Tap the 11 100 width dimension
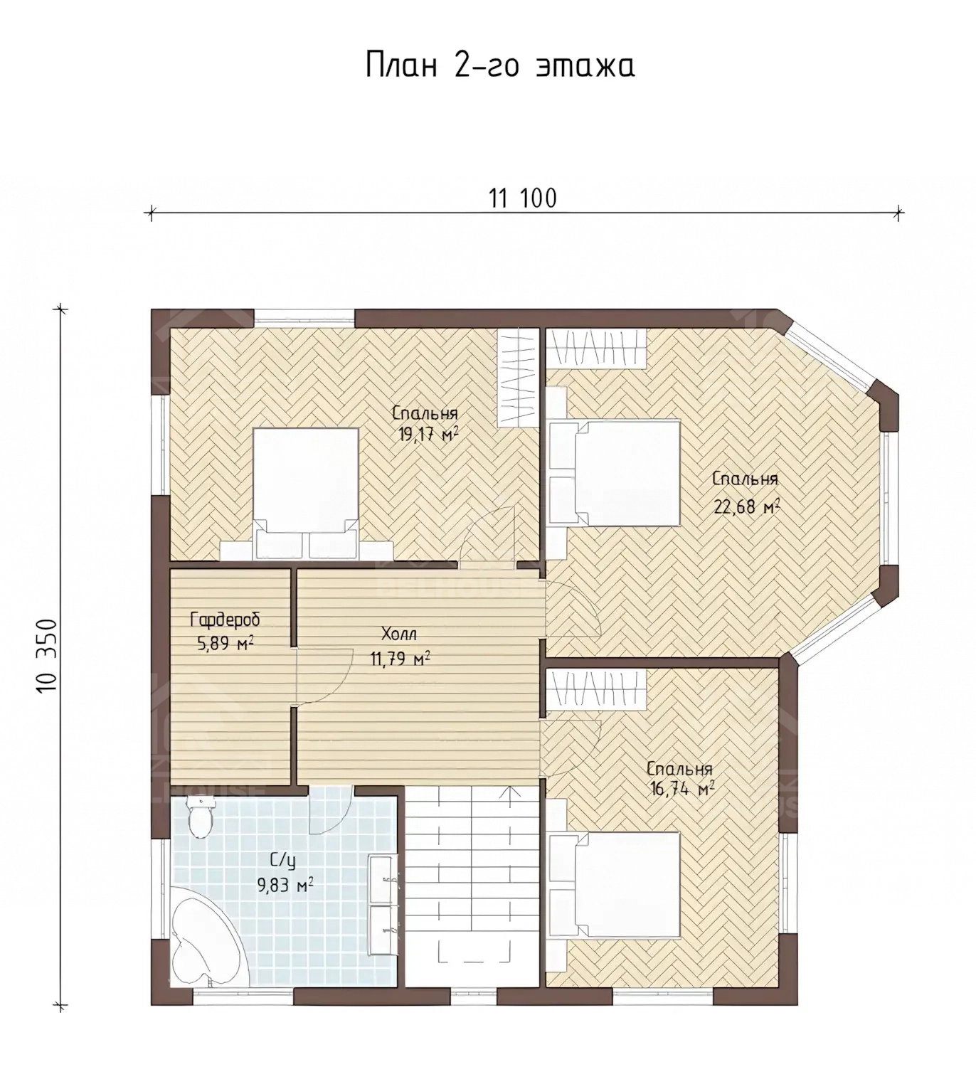point(523,199)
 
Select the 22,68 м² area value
point(747,506)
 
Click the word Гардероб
point(225,620)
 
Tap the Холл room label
point(399,633)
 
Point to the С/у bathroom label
point(282,861)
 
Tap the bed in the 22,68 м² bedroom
point(615,473)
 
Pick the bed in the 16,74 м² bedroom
point(615,885)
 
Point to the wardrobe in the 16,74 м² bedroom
point(597,688)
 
